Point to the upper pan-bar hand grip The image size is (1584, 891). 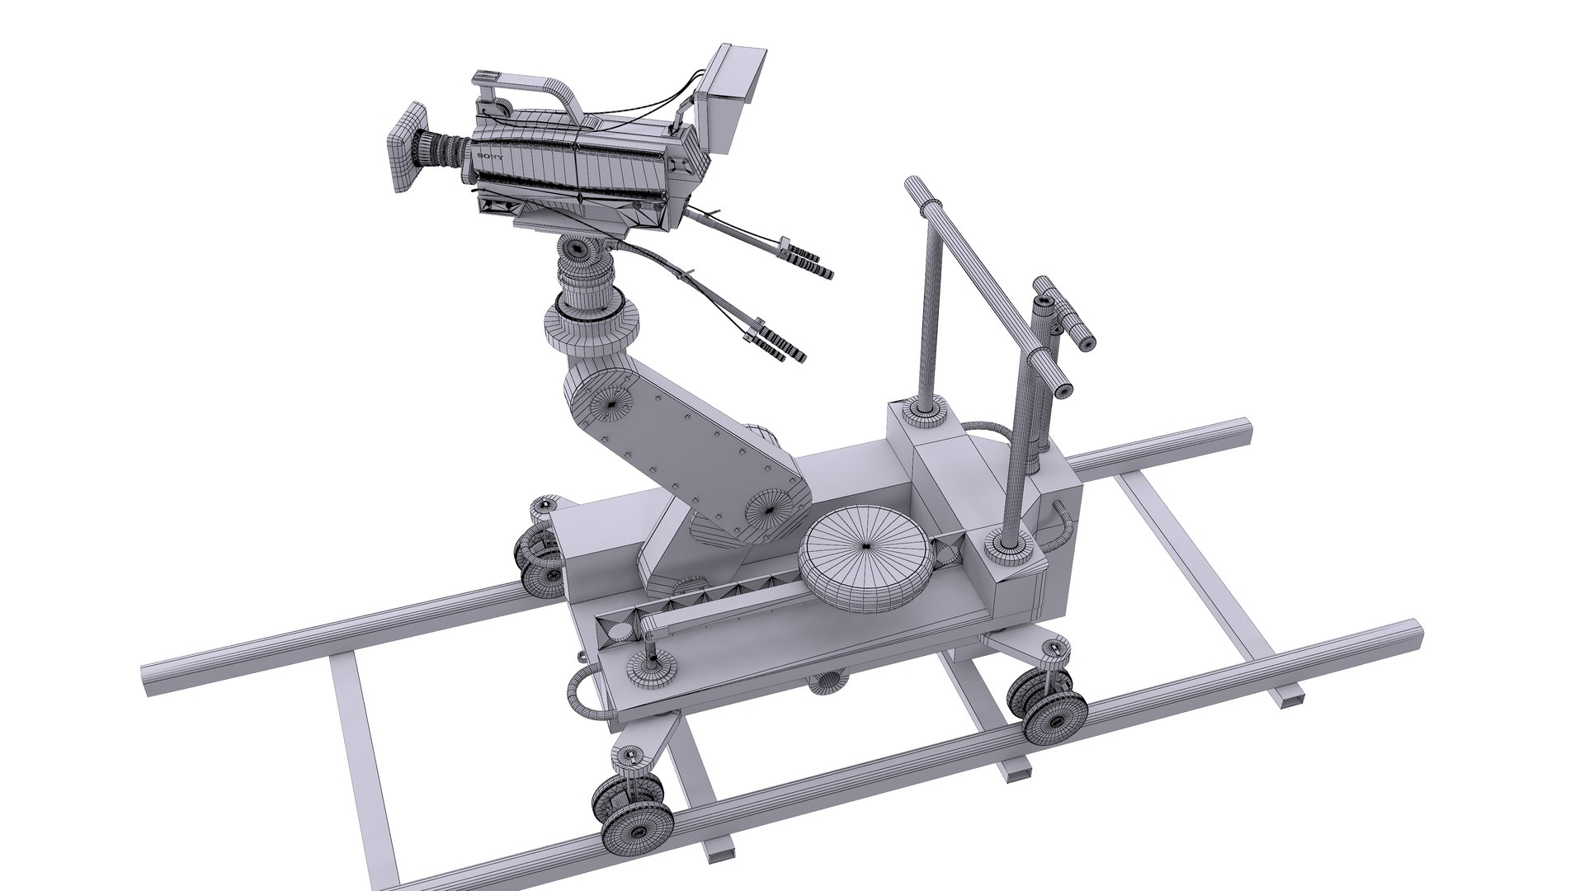[x=810, y=261]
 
